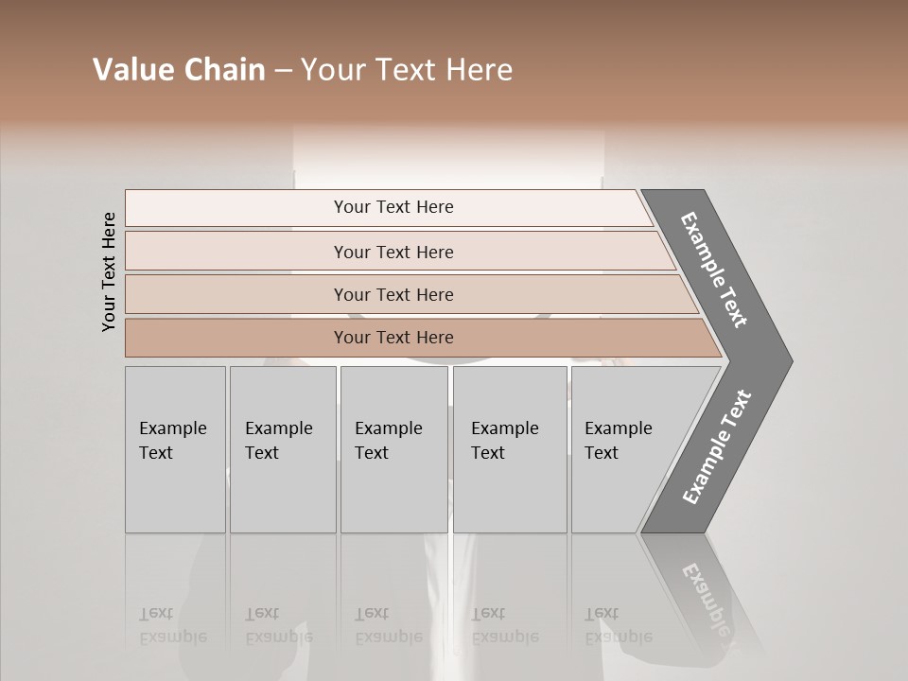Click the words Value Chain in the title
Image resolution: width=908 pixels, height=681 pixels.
tap(179, 70)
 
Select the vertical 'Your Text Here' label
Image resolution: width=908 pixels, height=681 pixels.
tap(109, 271)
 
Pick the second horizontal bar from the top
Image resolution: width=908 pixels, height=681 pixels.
tap(393, 252)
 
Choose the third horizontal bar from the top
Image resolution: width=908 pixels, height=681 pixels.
tap(393, 294)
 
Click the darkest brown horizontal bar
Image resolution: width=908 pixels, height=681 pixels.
tap(393, 338)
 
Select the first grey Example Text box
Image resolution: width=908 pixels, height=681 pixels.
tap(175, 449)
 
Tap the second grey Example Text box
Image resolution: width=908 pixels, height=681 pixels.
tap(283, 449)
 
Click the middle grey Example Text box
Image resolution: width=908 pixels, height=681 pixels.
tap(393, 449)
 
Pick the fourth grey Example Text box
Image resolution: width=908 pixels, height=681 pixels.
tap(510, 449)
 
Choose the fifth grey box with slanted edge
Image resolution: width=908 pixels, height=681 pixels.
tap(629, 449)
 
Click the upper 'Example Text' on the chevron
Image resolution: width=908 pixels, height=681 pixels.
tap(714, 270)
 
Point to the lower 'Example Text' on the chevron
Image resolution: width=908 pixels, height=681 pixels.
tap(716, 447)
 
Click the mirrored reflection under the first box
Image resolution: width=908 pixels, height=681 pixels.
tap(173, 625)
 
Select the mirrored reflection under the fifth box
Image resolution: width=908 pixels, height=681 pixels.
tap(618, 625)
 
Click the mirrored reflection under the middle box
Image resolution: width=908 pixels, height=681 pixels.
tap(389, 625)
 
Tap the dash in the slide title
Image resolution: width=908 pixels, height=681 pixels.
tap(283, 71)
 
